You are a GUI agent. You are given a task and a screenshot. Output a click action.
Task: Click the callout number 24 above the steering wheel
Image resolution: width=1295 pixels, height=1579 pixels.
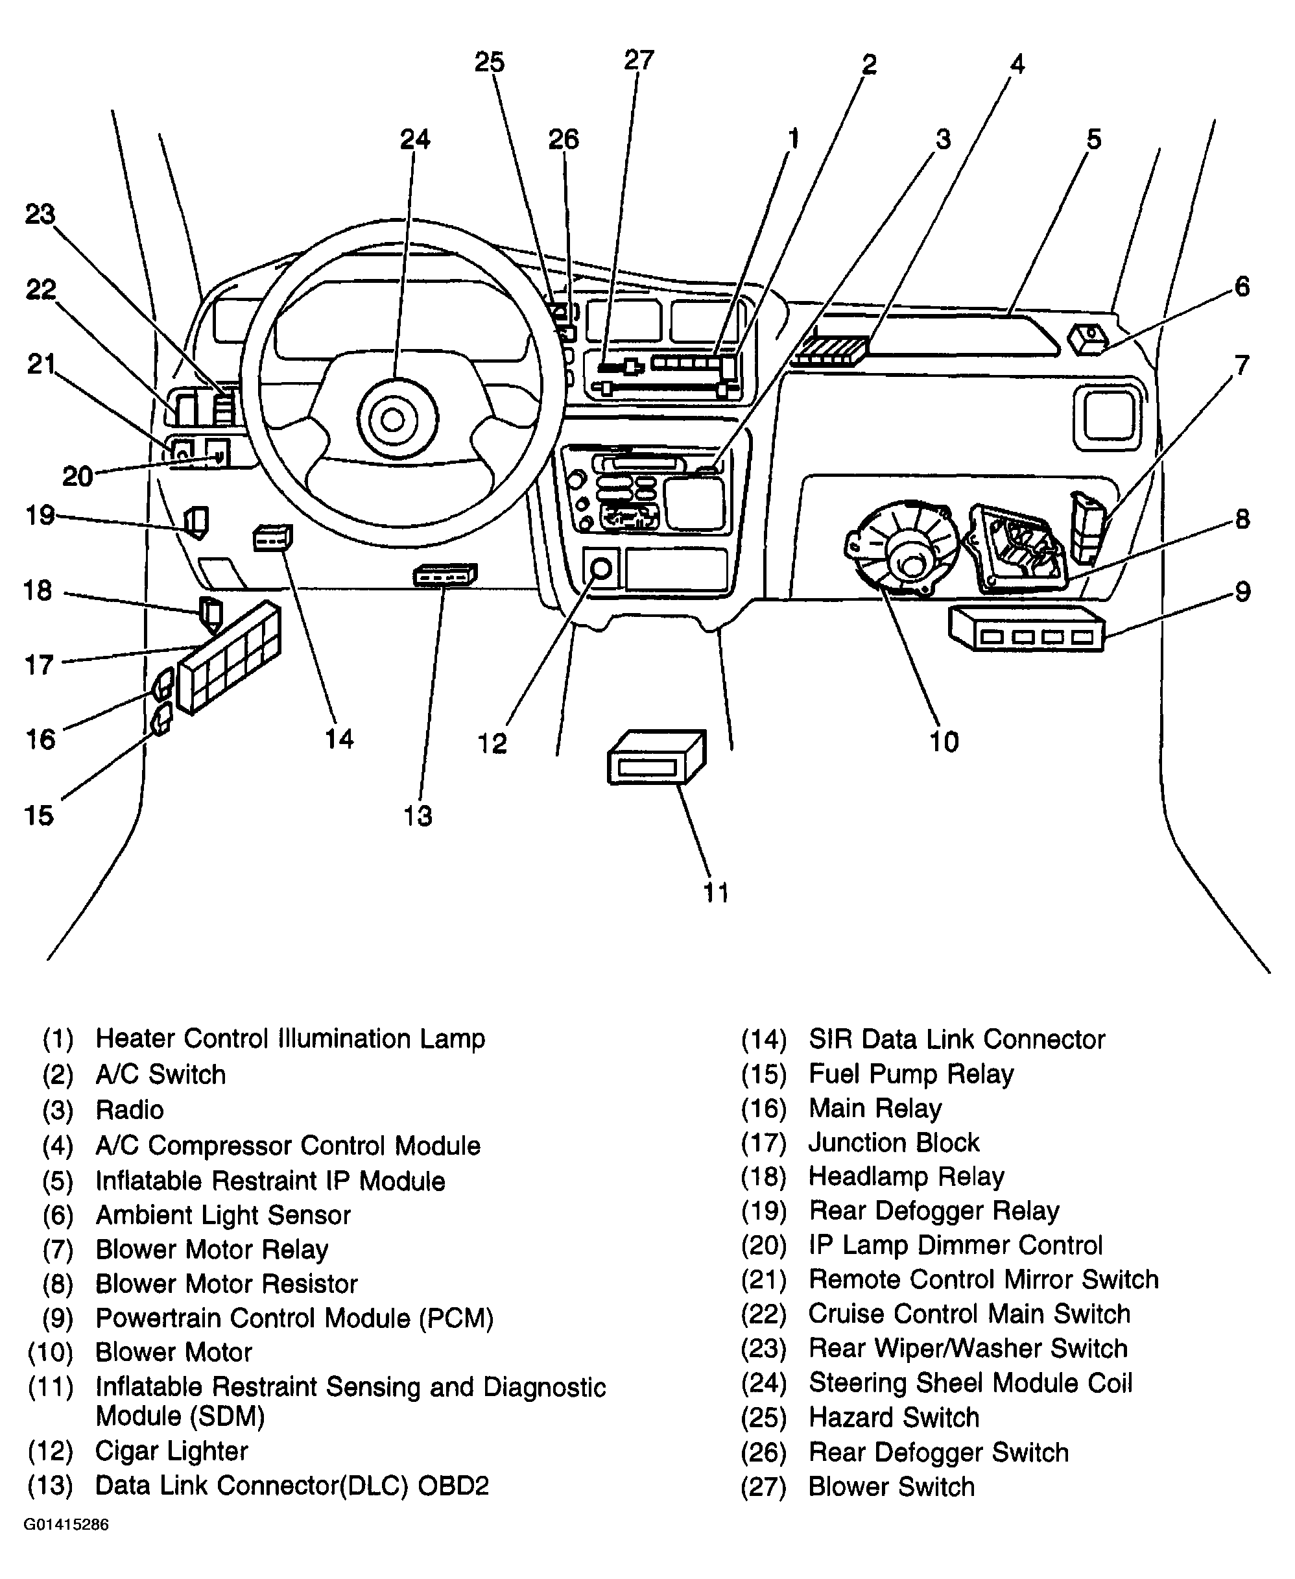(415, 139)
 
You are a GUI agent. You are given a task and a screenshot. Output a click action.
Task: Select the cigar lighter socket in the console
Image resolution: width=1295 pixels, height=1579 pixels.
(600, 570)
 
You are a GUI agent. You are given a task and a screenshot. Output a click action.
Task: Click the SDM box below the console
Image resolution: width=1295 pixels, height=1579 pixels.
(656, 756)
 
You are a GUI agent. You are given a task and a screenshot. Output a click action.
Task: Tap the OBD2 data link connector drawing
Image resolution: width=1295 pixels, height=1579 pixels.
(445, 575)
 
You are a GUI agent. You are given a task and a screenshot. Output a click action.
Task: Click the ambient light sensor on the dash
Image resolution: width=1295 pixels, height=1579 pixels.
(1088, 341)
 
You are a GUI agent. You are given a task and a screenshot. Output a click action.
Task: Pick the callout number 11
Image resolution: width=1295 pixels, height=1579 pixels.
(715, 893)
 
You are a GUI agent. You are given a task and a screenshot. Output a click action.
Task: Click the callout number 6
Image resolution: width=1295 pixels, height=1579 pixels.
(1241, 287)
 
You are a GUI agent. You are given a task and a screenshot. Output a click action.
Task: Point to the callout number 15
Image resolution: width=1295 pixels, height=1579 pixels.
(39, 815)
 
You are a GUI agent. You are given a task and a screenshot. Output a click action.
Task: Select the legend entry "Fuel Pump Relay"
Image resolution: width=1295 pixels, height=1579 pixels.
(911, 1074)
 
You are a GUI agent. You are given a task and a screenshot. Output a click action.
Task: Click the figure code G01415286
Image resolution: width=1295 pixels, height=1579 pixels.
(66, 1545)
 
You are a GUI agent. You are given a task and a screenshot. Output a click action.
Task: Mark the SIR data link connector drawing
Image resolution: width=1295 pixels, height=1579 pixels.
(273, 537)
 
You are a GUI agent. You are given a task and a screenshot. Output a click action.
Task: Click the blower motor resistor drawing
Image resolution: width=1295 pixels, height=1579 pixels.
(1017, 549)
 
